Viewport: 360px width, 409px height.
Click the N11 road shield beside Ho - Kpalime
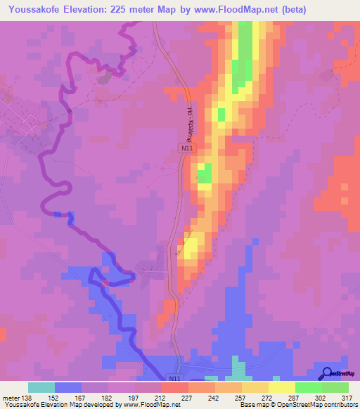click(186, 148)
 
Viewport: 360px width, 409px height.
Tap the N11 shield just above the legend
click(173, 378)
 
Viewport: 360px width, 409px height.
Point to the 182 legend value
click(107, 397)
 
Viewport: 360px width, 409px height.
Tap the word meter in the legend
click(11, 397)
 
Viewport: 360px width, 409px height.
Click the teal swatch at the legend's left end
click(41, 387)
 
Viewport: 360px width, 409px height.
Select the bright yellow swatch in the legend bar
click(281, 387)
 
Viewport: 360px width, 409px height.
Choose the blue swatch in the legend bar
click(68, 387)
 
